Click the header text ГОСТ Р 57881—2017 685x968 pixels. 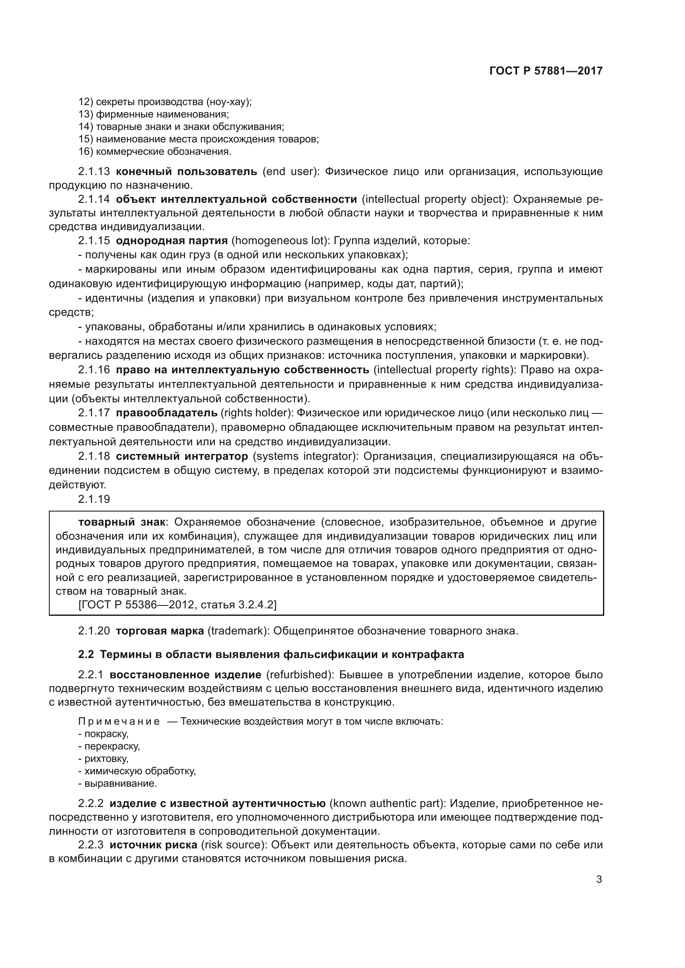coord(546,71)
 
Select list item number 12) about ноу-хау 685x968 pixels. coord(165,102)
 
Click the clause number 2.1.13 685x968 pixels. coord(94,172)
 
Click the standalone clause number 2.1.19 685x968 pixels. coord(94,499)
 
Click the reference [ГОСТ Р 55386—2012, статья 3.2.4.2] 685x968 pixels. coord(177,605)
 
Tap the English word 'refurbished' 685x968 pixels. coord(297,675)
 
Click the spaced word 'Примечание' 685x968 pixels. coord(119,721)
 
